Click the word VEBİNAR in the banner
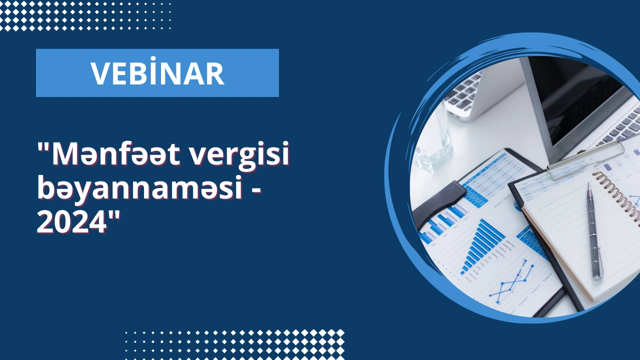tap(157, 72)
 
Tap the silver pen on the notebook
tap(594, 230)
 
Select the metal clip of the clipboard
tap(585, 160)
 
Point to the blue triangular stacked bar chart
tap(483, 245)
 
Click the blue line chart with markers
tap(511, 281)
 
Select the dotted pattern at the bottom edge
tap(234, 344)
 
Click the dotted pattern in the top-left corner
tap(85, 15)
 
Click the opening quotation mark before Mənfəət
tap(43, 149)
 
